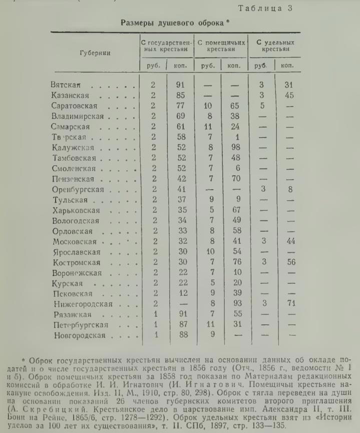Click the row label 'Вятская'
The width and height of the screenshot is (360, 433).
pos(66,85)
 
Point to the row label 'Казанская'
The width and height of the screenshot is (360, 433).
pos(70,95)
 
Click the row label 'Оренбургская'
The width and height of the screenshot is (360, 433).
pos(77,189)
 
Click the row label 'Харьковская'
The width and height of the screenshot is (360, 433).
pos(76,210)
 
